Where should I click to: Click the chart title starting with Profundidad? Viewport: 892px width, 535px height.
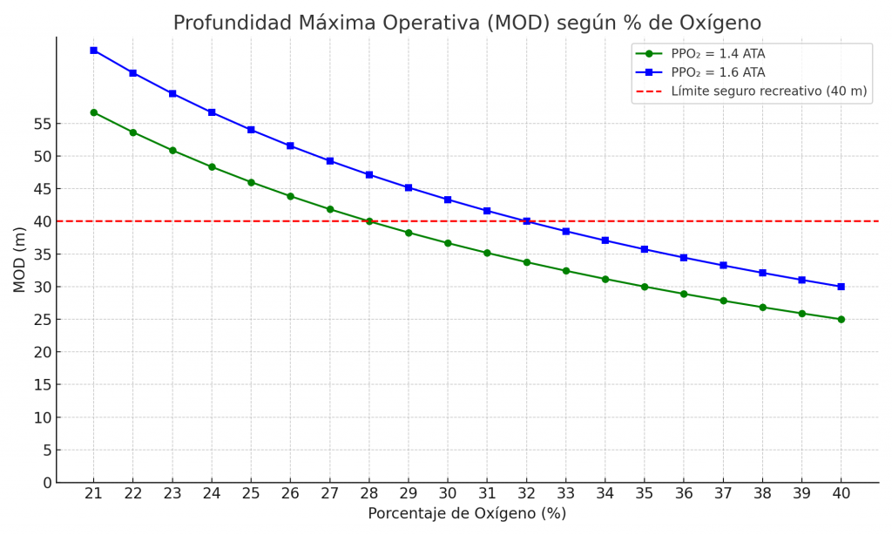(467, 24)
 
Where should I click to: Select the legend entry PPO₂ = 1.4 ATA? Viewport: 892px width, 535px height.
(718, 54)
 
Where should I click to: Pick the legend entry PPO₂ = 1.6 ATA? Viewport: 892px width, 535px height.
(718, 72)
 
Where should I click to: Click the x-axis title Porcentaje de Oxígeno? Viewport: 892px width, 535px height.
(467, 514)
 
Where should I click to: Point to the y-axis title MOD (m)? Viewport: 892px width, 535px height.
(19, 260)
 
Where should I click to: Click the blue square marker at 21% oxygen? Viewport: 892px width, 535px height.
(93, 51)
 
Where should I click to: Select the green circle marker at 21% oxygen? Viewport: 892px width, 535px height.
(93, 112)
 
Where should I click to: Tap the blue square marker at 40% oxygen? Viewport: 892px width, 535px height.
(841, 287)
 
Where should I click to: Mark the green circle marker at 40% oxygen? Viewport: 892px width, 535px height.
(841, 319)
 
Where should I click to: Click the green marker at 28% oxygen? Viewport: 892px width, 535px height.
(368, 221)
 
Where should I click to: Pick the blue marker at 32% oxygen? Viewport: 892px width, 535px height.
(526, 221)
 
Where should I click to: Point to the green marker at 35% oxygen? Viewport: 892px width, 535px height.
(645, 287)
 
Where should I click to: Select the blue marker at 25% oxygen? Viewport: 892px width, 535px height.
(251, 130)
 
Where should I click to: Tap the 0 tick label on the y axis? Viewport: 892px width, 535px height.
(45, 483)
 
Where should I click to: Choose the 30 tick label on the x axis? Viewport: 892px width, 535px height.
(448, 493)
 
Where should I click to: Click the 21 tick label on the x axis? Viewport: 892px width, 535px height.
(93, 493)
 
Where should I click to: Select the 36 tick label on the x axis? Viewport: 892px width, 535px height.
(684, 493)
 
